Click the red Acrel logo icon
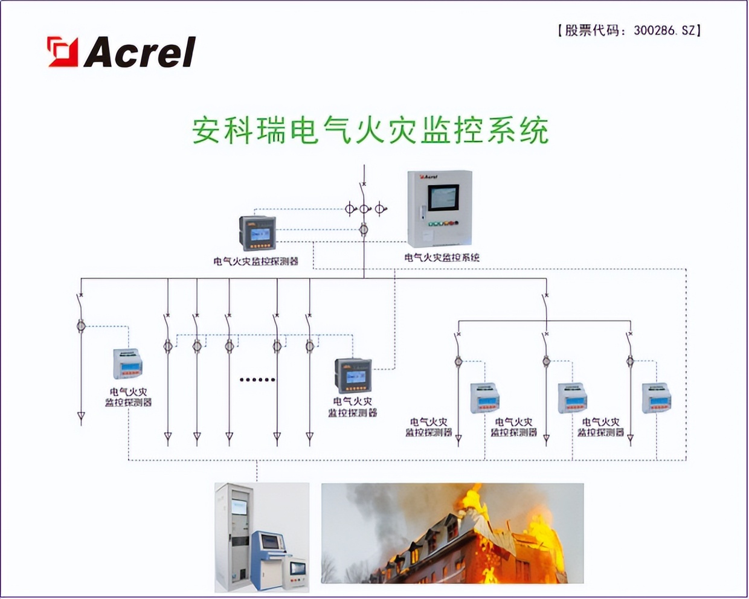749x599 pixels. click(x=63, y=51)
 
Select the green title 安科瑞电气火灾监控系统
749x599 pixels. click(x=370, y=130)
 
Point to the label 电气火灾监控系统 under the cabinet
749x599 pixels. click(x=442, y=257)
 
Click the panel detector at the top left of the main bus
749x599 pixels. click(x=258, y=233)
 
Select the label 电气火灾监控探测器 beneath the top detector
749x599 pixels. click(x=256, y=261)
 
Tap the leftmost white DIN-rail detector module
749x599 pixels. click(x=127, y=364)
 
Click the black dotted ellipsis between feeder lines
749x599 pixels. click(x=257, y=380)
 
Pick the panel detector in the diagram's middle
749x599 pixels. click(x=353, y=375)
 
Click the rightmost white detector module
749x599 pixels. click(x=656, y=397)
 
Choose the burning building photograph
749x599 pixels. click(x=452, y=533)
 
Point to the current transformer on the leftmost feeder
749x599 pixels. click(x=81, y=326)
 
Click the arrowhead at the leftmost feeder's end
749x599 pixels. click(x=81, y=417)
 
